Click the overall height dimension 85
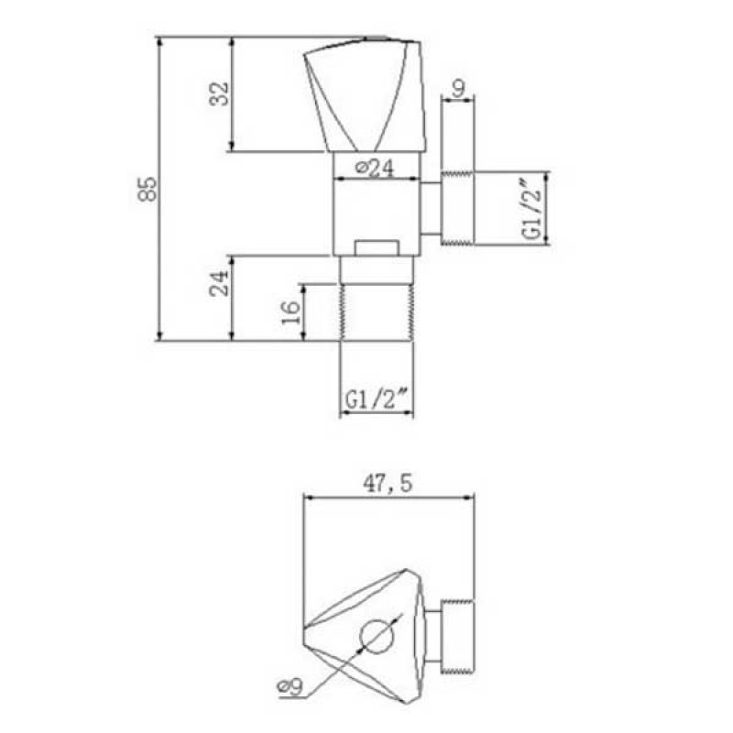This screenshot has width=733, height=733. pos(148,189)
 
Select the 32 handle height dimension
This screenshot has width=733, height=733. pos(219,94)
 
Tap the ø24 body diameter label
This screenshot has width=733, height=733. pos(375,169)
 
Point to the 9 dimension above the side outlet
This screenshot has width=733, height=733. pos(459,88)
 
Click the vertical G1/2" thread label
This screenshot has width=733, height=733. pos(533,208)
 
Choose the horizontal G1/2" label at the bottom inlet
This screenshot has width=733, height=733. pos(377,399)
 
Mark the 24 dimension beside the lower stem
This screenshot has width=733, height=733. pos(219,283)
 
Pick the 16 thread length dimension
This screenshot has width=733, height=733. pos(290,312)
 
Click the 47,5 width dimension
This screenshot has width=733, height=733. pos(388,483)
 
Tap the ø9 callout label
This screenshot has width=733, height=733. pos(290,686)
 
